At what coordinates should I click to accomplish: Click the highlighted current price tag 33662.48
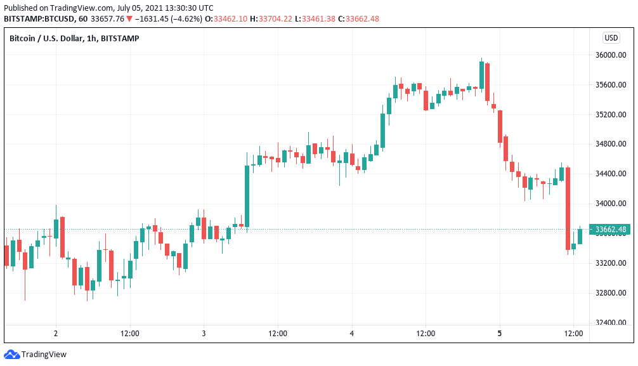point(608,230)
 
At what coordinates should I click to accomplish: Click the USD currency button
point(611,38)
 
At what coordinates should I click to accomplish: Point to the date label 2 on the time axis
point(56,333)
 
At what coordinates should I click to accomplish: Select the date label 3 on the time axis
point(204,333)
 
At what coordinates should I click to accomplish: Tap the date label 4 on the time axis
point(351,333)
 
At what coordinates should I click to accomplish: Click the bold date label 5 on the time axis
point(500,333)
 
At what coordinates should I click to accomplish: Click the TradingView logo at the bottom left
point(36,355)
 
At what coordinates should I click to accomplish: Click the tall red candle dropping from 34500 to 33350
point(568,208)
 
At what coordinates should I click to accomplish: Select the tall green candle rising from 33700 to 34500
point(247,196)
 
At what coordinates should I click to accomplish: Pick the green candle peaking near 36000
point(481,75)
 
